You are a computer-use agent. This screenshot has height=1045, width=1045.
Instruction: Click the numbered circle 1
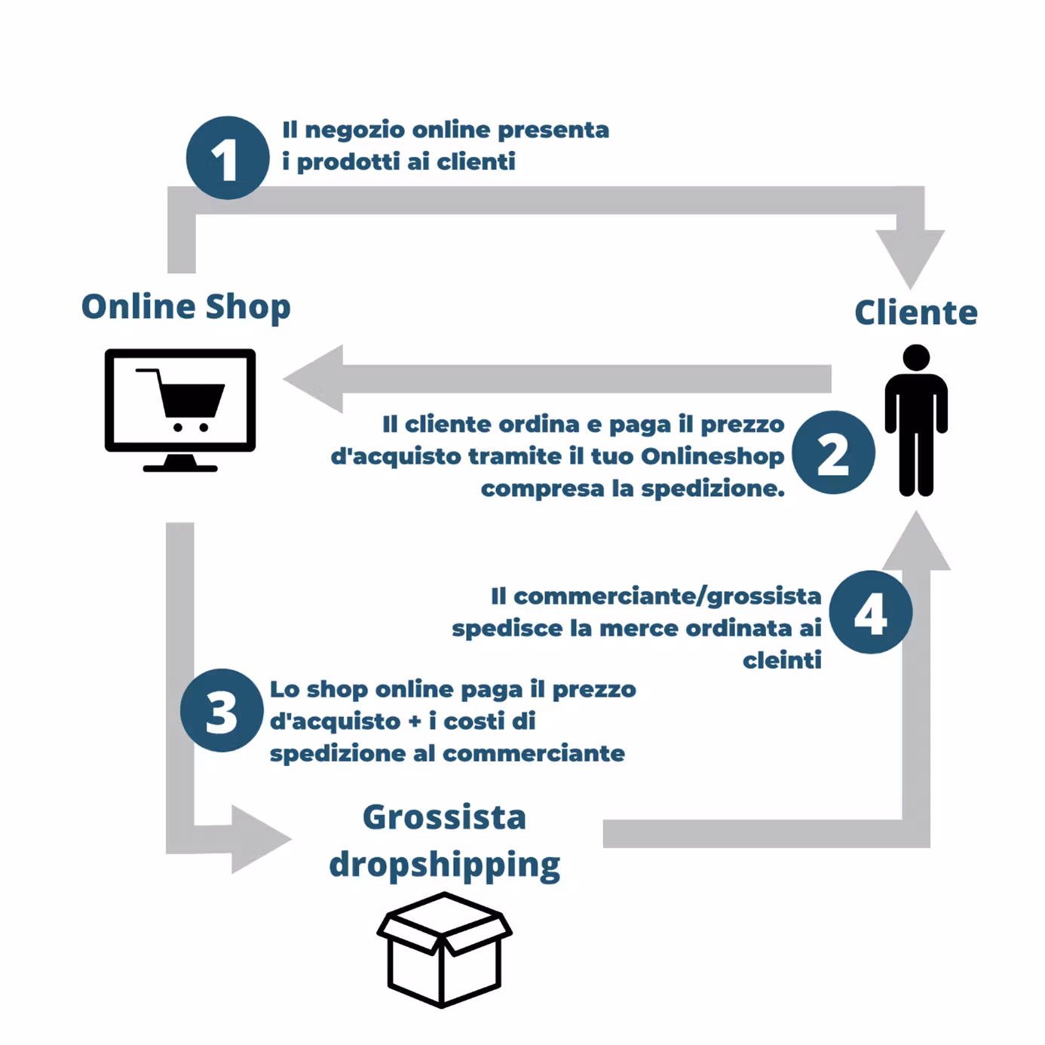coord(227,158)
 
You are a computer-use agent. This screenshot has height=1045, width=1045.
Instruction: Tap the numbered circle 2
coord(833,452)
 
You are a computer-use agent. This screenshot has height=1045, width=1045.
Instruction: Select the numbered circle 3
coord(222,710)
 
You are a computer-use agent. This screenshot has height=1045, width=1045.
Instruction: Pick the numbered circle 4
coord(871,611)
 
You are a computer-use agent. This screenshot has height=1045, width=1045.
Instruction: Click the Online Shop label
coord(185,307)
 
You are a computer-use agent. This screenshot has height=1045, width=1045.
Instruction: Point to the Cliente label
coord(915,312)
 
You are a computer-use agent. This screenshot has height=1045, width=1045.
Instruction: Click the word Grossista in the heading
coord(444,817)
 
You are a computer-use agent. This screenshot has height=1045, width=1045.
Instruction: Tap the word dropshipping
coord(444,865)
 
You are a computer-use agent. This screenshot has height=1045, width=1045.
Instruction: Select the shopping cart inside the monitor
coord(185,400)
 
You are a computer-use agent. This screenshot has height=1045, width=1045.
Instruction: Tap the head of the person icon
coord(916,357)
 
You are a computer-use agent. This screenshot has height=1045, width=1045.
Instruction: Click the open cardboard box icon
coord(444,949)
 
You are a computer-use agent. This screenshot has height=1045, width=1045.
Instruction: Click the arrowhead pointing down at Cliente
coord(910,256)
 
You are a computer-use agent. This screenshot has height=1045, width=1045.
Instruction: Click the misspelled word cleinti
coord(782,660)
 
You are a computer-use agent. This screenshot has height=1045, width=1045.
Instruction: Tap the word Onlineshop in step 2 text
coord(712,456)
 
